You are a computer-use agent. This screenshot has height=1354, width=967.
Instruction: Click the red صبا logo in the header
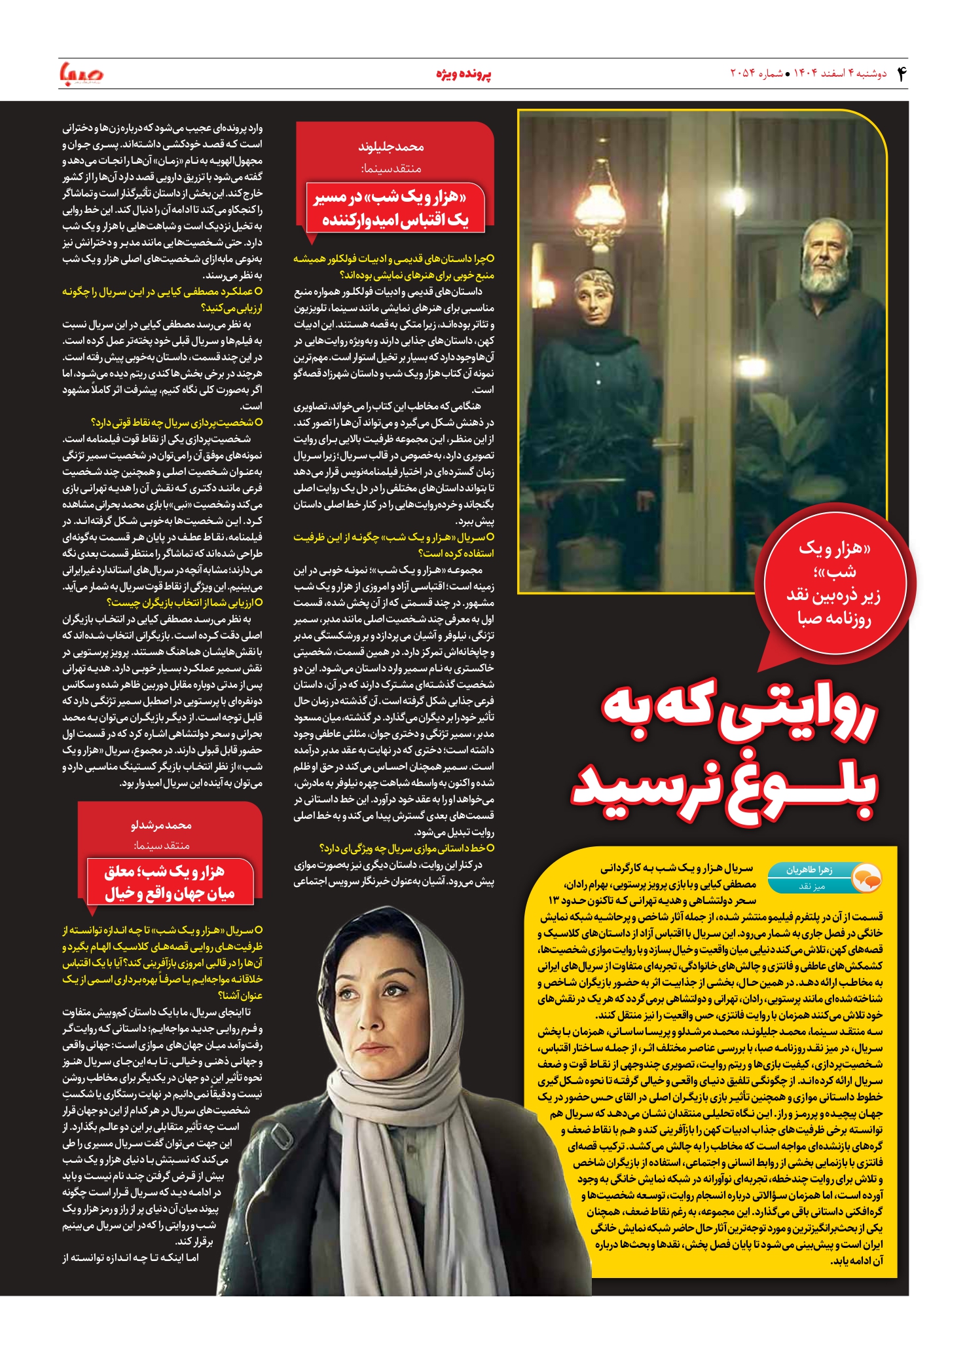[x=81, y=73]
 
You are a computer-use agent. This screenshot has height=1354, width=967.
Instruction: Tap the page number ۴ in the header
[x=901, y=73]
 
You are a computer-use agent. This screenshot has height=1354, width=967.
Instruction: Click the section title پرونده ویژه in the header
[x=464, y=74]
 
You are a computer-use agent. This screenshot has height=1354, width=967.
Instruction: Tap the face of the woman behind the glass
[x=594, y=302]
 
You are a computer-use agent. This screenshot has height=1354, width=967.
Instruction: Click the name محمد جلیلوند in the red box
[x=391, y=147]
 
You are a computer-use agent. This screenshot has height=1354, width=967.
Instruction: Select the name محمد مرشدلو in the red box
[x=161, y=825]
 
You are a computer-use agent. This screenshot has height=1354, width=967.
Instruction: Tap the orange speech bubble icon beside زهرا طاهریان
[x=867, y=878]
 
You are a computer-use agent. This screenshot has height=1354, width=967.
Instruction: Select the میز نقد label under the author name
[x=811, y=886]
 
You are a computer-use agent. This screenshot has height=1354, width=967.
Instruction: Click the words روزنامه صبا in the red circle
[x=833, y=618]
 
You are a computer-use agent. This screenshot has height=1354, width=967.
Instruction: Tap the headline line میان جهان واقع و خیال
[x=170, y=893]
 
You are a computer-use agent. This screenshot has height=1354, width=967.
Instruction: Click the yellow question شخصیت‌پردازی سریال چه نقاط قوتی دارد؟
[x=177, y=423]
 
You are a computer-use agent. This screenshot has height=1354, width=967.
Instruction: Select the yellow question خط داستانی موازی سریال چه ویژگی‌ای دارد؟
[x=406, y=848]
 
